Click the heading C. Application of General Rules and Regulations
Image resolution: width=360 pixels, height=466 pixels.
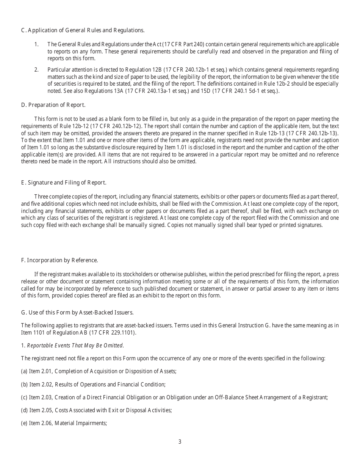pos(83,30)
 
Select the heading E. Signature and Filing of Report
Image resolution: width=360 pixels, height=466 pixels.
pos(64,183)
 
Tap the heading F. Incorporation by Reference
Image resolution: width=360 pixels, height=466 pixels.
pos(59,260)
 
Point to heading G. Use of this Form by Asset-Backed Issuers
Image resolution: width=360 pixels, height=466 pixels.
pos(77,313)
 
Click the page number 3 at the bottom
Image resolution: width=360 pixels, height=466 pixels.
pos(180,442)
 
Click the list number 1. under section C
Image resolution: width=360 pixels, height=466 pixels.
pos(36,44)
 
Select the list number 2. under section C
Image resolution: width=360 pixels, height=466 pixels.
pos(36,70)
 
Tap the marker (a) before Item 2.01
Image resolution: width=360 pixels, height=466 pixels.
pos(24,371)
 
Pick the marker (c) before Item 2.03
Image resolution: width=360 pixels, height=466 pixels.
pos(24,397)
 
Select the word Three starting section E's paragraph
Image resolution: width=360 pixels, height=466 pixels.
pos(41,197)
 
